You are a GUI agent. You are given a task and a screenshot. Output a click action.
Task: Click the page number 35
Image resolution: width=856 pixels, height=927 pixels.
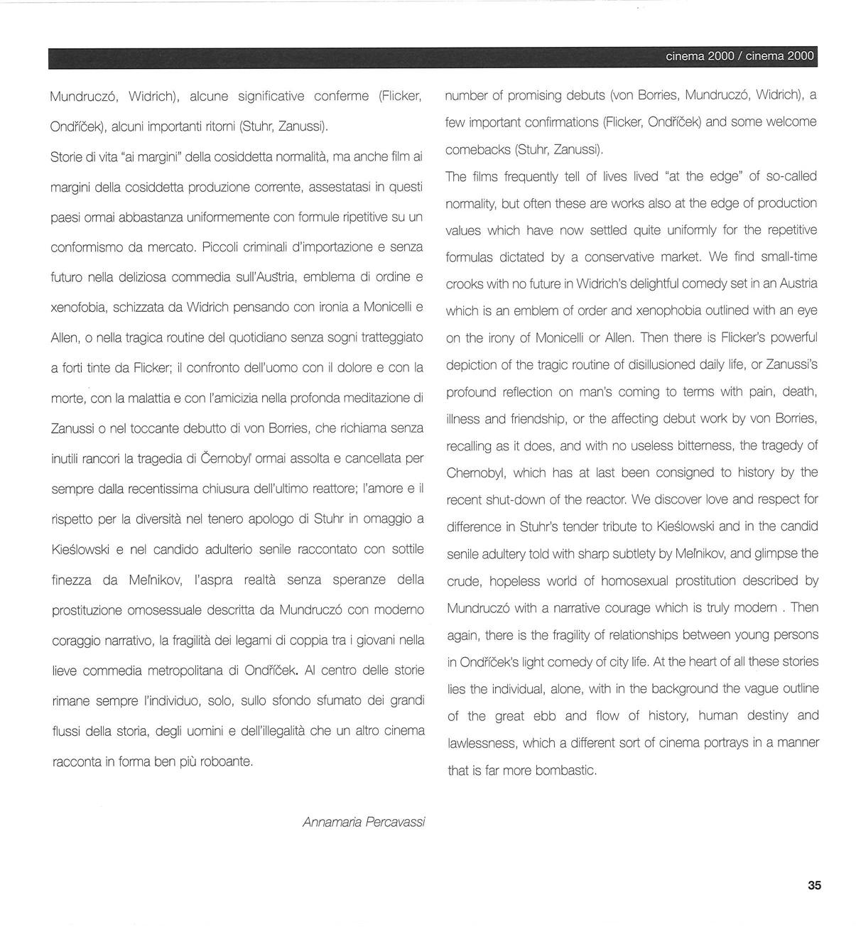pos(814,885)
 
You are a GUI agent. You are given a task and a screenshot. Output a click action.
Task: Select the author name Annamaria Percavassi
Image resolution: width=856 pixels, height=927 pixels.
pos(364,822)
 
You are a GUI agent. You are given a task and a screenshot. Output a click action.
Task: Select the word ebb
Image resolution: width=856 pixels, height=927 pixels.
pos(546,716)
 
